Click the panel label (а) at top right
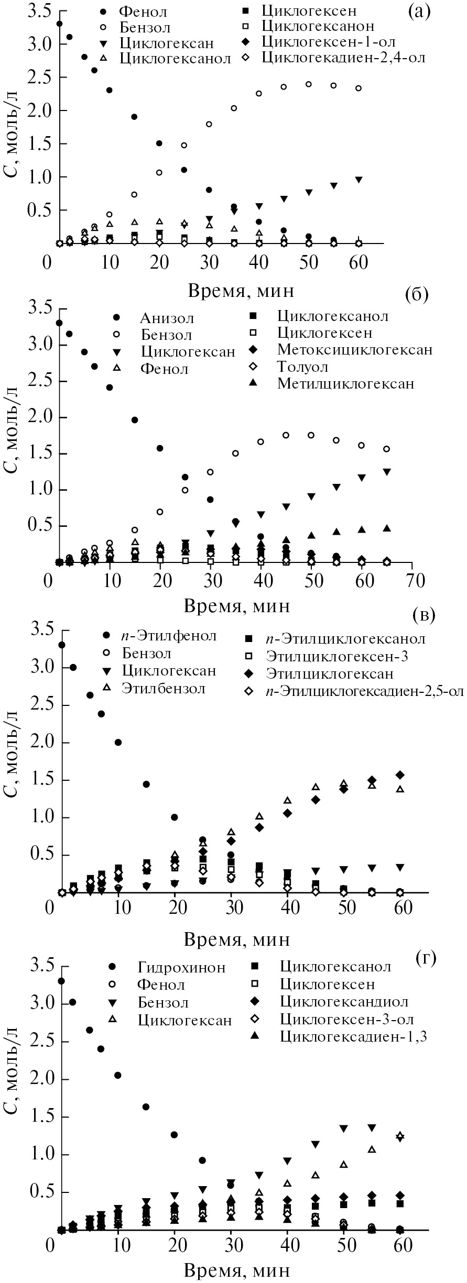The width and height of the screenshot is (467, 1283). [x=419, y=11]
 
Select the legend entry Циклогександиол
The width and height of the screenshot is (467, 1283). [x=344, y=1002]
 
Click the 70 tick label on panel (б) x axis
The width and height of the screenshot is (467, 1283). [x=412, y=581]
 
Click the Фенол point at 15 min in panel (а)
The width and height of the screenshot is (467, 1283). [x=134, y=117]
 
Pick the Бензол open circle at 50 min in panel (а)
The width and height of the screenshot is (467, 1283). [x=309, y=84]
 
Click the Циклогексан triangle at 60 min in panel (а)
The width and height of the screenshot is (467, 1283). [x=359, y=180]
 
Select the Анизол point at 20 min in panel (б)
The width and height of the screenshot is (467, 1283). [x=160, y=448]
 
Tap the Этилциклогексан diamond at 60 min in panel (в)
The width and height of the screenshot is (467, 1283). [x=400, y=775]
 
